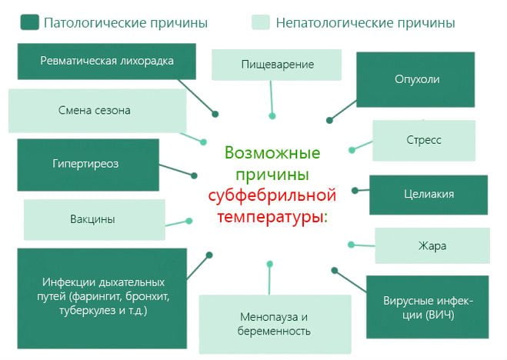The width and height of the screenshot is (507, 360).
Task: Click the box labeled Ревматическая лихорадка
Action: click(x=107, y=61)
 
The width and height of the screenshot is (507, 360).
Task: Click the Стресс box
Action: click(x=423, y=140)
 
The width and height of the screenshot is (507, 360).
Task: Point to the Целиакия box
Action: click(x=428, y=195)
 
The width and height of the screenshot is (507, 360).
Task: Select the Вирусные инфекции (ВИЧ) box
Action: click(x=427, y=306)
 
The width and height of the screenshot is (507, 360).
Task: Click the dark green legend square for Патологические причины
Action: click(x=30, y=23)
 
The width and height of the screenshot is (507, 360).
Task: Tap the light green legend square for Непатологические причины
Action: click(x=262, y=23)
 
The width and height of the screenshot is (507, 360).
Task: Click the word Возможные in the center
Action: click(x=273, y=152)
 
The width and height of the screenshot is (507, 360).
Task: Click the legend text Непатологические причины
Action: click(x=366, y=23)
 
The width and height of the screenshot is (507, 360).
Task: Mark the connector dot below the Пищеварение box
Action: click(x=272, y=116)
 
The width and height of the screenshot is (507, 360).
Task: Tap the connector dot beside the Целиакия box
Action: click(x=355, y=189)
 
